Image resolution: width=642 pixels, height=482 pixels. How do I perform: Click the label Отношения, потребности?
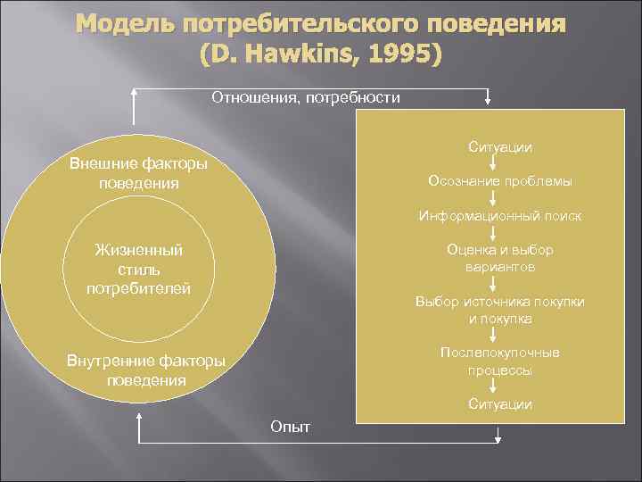[x=306, y=96]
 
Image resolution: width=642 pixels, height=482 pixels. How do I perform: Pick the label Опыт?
[x=290, y=426]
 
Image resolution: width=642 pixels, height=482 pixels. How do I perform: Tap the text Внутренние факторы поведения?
[x=146, y=370]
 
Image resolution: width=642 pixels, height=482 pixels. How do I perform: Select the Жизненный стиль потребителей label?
[x=138, y=269]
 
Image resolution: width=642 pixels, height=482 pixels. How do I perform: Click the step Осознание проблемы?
[x=499, y=181]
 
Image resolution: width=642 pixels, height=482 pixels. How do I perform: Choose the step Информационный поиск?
[x=499, y=215]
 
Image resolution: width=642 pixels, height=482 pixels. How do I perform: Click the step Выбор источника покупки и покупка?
[x=499, y=310]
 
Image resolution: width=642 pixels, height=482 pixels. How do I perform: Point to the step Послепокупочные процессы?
[x=499, y=361]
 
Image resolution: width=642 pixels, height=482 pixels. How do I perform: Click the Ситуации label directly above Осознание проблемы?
[x=499, y=146]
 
